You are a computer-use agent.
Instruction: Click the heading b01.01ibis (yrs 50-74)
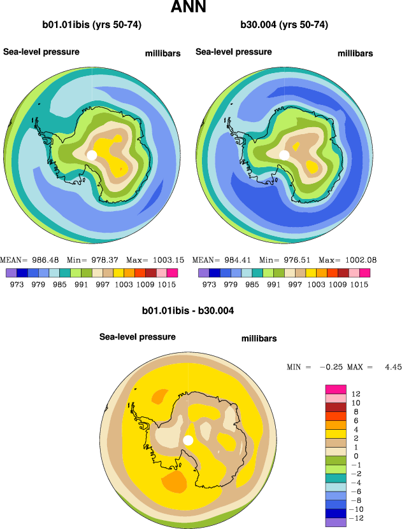(92, 25)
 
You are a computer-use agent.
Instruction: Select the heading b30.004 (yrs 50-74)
(284, 25)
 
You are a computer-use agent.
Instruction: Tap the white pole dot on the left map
(92, 155)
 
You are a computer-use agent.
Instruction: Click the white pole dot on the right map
(284, 155)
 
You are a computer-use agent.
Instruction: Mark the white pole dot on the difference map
(188, 440)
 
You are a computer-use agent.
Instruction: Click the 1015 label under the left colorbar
(167, 284)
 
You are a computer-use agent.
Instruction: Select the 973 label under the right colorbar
(209, 284)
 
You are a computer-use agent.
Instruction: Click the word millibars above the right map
(355, 53)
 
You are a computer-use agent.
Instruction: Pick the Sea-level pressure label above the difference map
(137, 336)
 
